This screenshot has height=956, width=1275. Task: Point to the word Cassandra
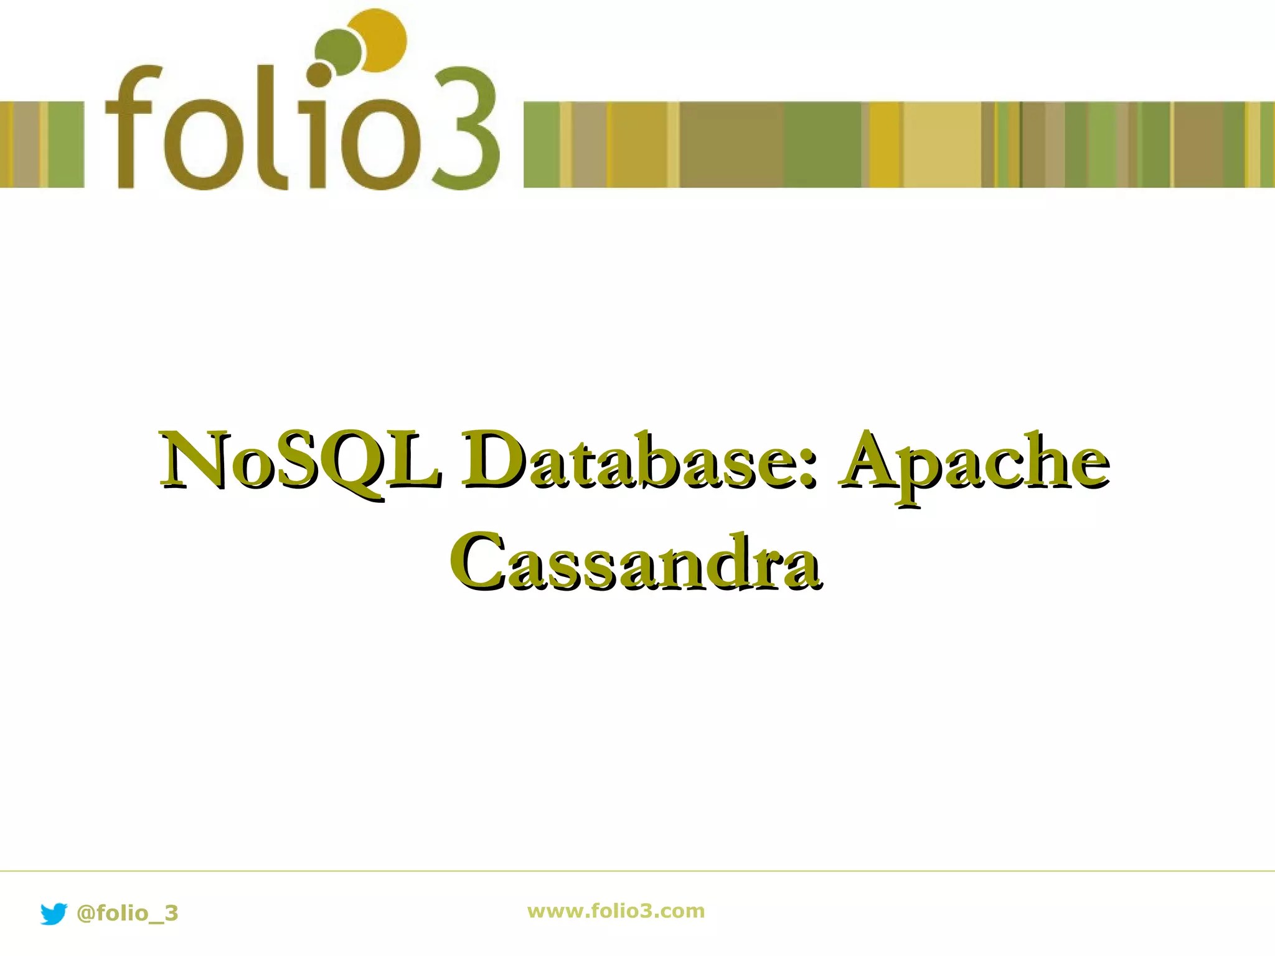[635, 560]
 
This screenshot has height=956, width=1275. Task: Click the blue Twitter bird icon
[54, 914]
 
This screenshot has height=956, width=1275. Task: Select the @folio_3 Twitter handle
[127, 913]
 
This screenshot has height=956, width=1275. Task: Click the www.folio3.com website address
[616, 911]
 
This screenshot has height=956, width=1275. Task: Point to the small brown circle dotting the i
[320, 74]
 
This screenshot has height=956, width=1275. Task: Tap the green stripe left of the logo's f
[66, 144]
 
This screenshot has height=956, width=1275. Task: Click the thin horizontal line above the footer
[637, 871]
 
